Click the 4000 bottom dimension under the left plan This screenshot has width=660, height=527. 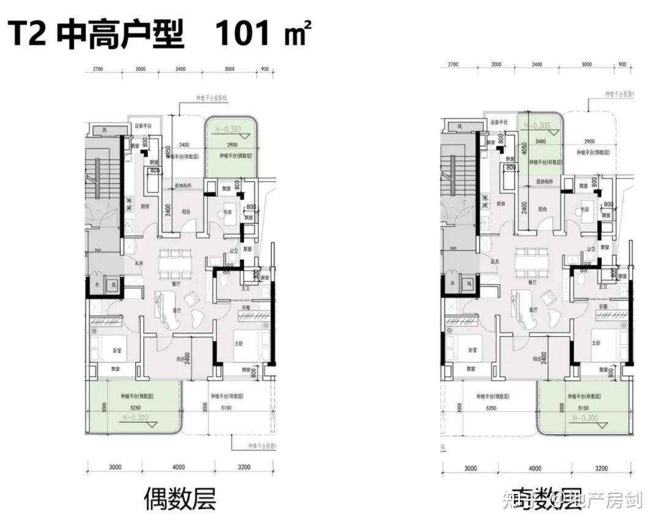click(x=178, y=468)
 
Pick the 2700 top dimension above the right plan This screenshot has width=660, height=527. click(x=453, y=64)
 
